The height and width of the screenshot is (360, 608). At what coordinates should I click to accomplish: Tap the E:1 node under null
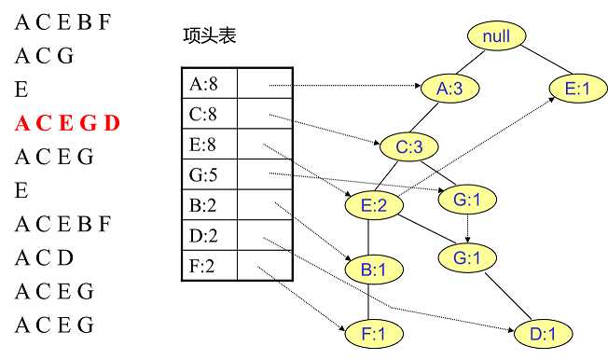(572, 89)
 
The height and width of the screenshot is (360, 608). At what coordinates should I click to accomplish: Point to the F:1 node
(370, 331)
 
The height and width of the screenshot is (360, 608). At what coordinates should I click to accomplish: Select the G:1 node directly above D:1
(466, 256)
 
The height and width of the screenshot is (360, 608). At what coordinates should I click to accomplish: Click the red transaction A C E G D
(68, 123)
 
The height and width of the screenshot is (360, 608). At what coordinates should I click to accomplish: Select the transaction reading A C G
(44, 56)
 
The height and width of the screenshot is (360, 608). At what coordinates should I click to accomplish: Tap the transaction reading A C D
(44, 257)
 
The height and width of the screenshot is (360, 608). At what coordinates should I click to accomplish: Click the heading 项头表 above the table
(210, 36)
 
